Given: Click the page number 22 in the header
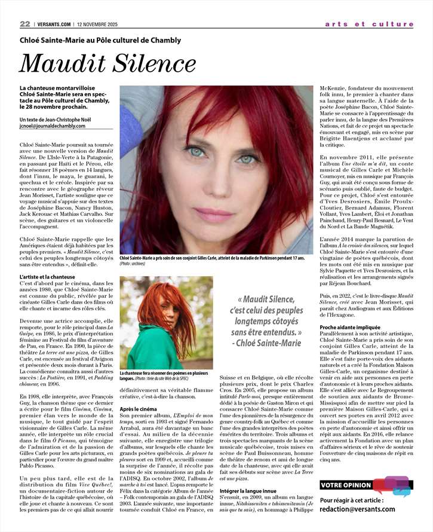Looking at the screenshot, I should pos(25,24).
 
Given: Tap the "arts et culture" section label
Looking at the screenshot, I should pos(369,25).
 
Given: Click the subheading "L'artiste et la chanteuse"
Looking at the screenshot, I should pos(48,277).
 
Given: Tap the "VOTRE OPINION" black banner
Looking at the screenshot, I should pos(346,485).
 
